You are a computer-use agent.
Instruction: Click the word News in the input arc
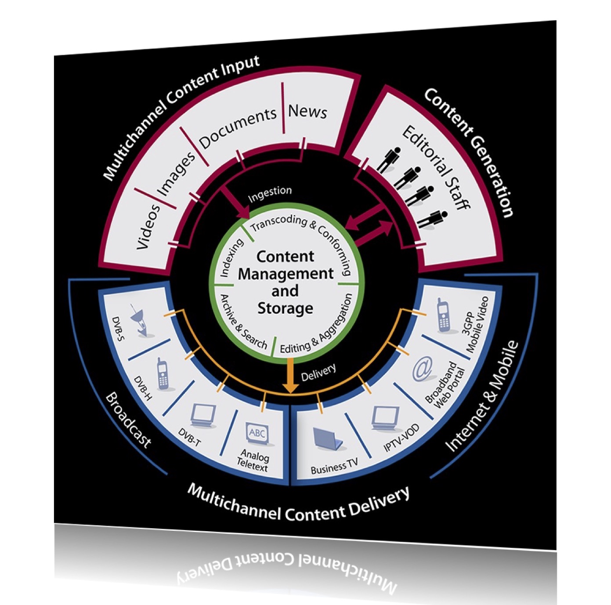[307, 111]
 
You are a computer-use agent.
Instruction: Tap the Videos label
[148, 227]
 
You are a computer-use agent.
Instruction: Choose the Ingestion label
[270, 194]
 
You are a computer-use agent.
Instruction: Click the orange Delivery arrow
[290, 376]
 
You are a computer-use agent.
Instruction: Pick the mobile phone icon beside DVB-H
[163, 374]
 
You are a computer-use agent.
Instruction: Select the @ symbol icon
[422, 369]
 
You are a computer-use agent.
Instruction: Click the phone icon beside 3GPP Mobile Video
[443, 315]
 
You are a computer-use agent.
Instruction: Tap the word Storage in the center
[285, 308]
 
